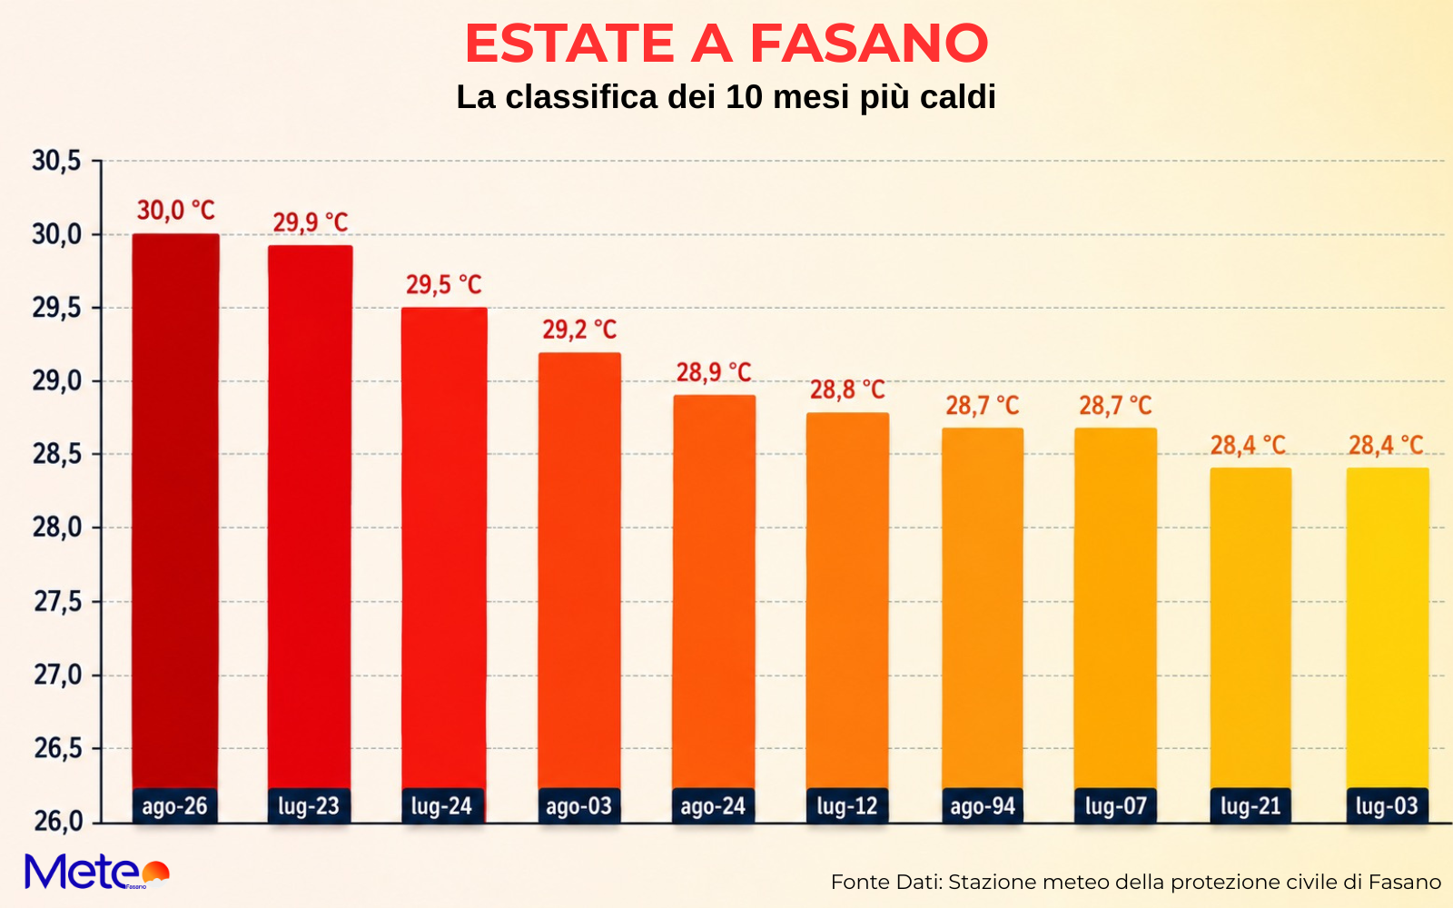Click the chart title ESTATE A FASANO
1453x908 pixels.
(726, 44)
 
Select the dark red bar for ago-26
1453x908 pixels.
(176, 511)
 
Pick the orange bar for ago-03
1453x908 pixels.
(579, 571)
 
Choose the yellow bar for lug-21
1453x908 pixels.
(1250, 628)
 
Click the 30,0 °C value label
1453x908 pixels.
(176, 211)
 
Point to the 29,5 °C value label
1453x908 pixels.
(444, 285)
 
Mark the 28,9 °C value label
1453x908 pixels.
(714, 372)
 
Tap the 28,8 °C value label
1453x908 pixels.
(848, 390)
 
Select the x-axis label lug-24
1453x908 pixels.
(441, 806)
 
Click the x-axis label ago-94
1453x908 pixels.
(983, 806)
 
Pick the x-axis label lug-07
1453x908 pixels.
(1116, 806)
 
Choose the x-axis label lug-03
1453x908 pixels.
(1388, 806)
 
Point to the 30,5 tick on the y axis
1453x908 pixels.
(57, 161)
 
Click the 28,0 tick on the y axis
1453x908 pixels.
(57, 528)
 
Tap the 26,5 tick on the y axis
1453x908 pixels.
(58, 749)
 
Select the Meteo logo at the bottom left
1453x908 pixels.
(97, 872)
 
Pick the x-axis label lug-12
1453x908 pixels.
(847, 806)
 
